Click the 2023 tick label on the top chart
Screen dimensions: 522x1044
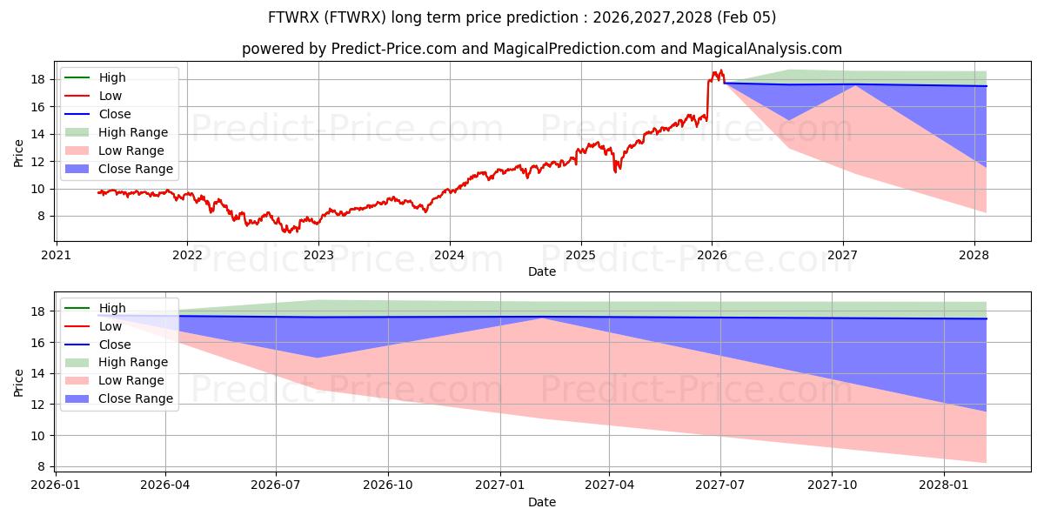(x=318, y=255)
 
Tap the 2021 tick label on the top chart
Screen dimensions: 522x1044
(x=57, y=255)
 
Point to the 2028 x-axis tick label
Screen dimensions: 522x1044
(x=974, y=255)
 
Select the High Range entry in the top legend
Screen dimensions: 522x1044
(x=133, y=132)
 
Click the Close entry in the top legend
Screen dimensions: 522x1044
(x=115, y=114)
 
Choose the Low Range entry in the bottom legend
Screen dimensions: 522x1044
(x=131, y=380)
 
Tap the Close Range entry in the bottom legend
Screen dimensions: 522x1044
(x=136, y=398)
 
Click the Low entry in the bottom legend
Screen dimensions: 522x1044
(x=110, y=326)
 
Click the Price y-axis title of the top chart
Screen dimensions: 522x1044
(x=19, y=152)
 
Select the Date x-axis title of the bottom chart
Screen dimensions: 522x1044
(x=542, y=502)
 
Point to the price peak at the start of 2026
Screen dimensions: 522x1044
(x=719, y=70)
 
